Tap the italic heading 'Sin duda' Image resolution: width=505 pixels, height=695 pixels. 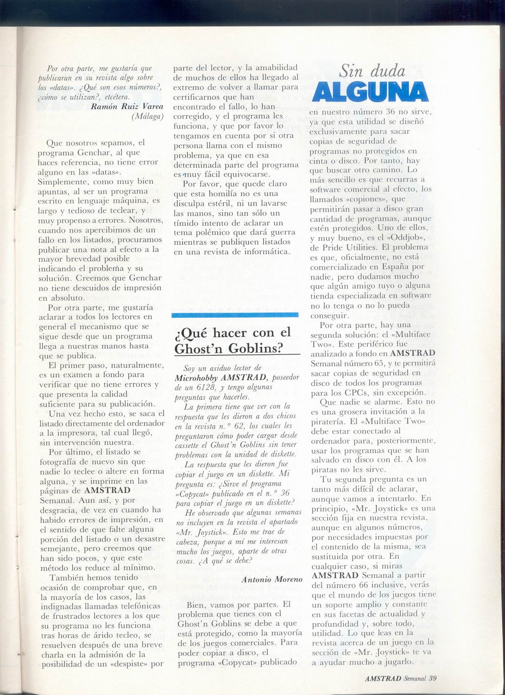pos(372,71)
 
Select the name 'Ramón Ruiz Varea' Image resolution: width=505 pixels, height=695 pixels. pos(127,106)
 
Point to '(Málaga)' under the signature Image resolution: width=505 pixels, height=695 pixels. pos(147,116)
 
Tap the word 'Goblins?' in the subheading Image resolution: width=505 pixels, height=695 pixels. pos(259,348)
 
